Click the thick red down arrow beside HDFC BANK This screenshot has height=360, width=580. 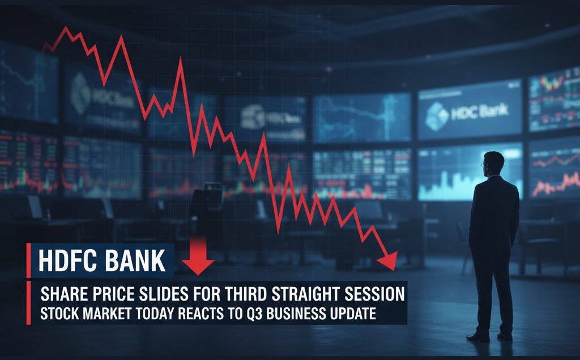[198, 257]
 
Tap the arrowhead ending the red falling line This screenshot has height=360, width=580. [390, 261]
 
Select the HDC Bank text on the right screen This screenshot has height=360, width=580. [479, 112]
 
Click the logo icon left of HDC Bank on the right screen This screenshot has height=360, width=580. [436, 113]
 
